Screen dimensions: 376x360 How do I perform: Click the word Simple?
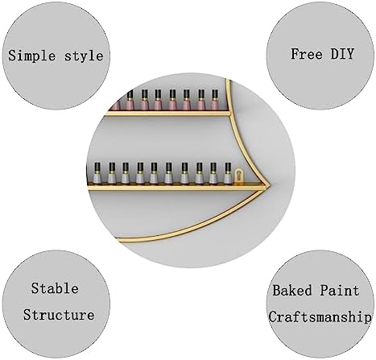click(31, 56)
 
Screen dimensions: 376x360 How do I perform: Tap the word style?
click(84, 56)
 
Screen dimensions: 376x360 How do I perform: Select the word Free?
click(307, 54)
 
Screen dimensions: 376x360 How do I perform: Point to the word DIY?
click(342, 53)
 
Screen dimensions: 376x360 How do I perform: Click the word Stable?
click(55, 288)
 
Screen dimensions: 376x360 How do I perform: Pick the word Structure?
click(59, 315)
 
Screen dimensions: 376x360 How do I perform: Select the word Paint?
click(340, 291)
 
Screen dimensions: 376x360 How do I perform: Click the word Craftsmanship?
click(320, 317)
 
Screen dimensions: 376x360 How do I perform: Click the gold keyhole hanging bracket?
click(238, 176)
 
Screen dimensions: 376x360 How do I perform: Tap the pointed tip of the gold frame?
click(271, 185)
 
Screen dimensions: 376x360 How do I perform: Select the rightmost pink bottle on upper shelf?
click(215, 100)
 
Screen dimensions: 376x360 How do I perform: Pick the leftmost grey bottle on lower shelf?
click(97, 173)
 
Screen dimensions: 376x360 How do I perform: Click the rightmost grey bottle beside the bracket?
click(228, 173)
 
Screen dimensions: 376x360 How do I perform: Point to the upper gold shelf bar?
click(168, 113)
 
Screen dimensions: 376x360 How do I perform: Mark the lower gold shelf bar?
click(176, 188)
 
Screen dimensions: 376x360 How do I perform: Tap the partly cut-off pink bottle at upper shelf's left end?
click(116, 105)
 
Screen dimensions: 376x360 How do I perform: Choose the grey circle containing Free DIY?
click(320, 56)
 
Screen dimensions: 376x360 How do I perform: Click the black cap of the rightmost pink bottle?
click(215, 94)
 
